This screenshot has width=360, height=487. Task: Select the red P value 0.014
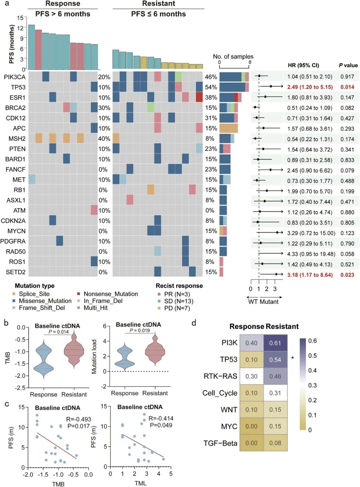[347, 87]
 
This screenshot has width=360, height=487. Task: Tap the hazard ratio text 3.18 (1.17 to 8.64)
[310, 275]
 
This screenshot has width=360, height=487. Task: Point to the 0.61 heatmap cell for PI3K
[275, 343]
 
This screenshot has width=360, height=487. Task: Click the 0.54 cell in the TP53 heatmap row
[275, 360]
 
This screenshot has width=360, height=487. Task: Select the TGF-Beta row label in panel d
[220, 443]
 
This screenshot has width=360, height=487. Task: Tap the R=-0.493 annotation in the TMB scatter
[78, 419]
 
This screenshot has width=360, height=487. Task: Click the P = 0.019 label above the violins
[139, 330]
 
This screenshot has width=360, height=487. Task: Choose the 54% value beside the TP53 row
[211, 87]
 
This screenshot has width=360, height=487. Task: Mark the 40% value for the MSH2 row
[104, 139]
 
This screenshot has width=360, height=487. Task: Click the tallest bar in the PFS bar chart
[31, 47]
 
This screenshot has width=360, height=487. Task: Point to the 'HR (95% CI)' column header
[303, 65]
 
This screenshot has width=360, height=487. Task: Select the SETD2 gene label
[15, 272]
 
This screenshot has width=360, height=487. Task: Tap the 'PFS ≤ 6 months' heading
[158, 14]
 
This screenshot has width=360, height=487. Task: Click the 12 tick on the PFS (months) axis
[20, 28]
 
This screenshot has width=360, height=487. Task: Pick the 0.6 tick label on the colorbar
[312, 341]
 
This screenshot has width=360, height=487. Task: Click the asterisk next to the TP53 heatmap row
[292, 358]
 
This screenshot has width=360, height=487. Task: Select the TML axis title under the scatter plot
[140, 483]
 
